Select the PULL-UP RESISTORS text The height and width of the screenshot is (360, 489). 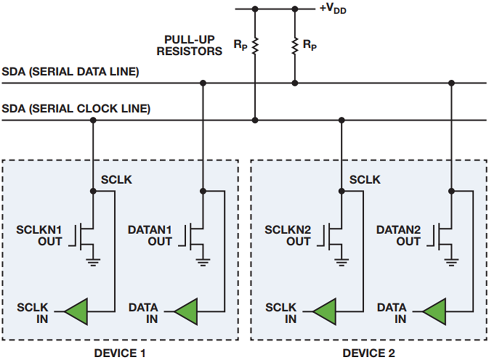point(193,46)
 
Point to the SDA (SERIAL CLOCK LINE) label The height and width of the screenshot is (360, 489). point(76,109)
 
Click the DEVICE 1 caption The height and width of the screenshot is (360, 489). point(120,353)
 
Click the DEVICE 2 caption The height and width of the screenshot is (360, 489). point(368,353)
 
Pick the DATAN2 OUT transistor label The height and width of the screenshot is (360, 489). point(399,235)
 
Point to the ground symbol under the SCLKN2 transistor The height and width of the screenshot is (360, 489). point(341,263)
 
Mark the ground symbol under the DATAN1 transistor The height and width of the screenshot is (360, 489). point(203,263)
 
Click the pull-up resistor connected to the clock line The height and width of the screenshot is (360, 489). point(255,47)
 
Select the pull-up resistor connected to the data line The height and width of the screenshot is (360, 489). point(294,47)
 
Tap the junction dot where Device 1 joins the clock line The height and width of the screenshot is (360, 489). point(92,120)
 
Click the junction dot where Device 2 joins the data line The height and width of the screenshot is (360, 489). point(452,83)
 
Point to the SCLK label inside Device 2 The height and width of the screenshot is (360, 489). point(365,179)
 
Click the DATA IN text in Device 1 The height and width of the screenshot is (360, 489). point(143,313)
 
